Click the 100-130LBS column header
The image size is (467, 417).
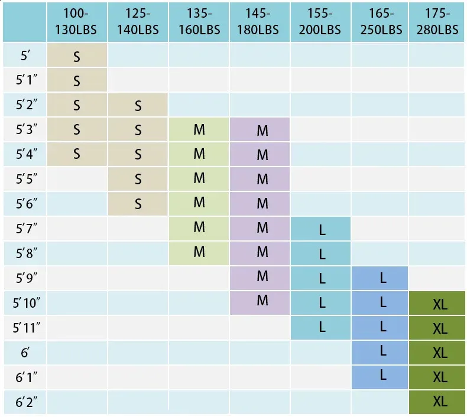(77, 21)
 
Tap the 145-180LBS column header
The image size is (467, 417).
(260, 21)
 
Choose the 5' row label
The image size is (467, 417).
(25, 56)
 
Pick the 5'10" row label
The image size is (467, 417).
(25, 303)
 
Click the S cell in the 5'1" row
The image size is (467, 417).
(77, 81)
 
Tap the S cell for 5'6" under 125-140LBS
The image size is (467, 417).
(138, 204)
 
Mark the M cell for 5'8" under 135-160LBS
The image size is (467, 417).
(199, 252)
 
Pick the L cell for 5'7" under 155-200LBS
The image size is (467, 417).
(322, 230)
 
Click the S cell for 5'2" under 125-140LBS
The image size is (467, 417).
(138, 106)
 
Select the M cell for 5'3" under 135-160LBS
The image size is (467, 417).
(199, 130)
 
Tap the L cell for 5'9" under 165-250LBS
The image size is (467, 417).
(382, 278)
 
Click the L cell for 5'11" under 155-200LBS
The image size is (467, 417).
(322, 326)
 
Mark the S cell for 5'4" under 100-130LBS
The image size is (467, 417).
(77, 154)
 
